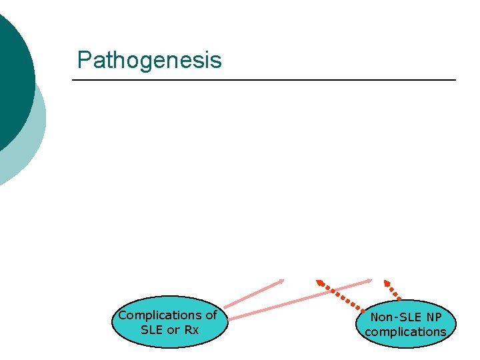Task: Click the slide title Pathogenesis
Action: click(x=149, y=60)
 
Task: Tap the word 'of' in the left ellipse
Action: click(x=211, y=315)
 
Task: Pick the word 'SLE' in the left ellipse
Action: click(x=152, y=330)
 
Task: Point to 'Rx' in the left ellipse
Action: click(x=192, y=330)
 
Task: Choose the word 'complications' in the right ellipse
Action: click(x=405, y=331)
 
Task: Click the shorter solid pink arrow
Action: click(x=253, y=294)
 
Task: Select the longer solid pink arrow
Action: click(x=300, y=298)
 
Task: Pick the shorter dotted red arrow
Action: click(x=393, y=290)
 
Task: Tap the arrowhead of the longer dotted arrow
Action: click(x=320, y=283)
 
